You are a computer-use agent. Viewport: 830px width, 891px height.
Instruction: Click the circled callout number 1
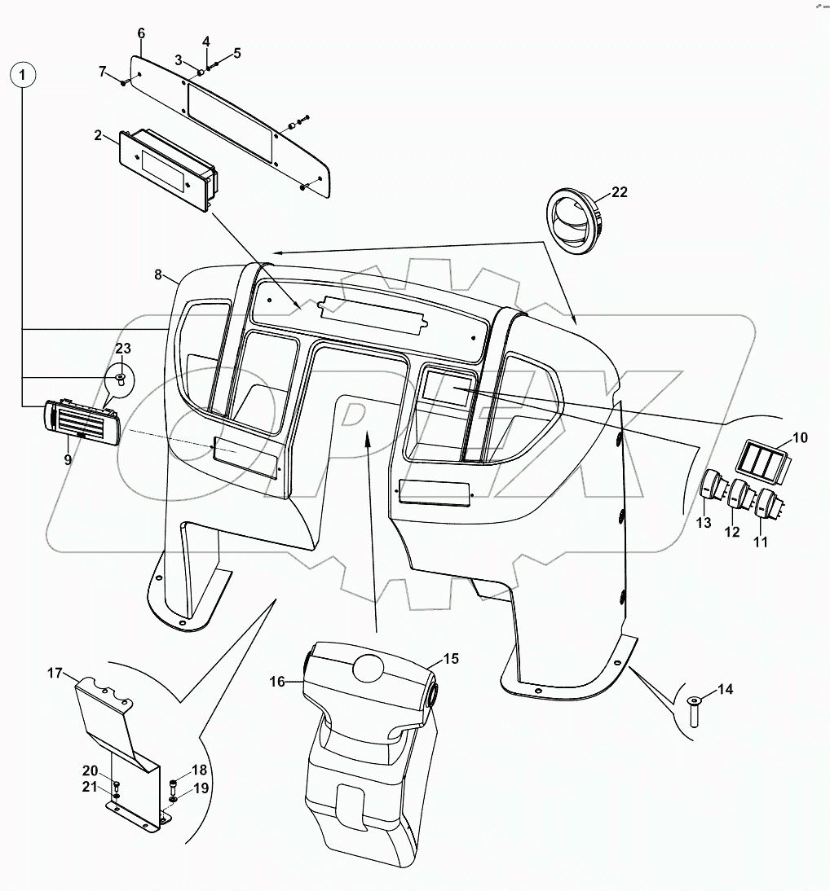click(x=24, y=76)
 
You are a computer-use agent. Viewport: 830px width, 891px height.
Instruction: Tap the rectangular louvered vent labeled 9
click(x=82, y=424)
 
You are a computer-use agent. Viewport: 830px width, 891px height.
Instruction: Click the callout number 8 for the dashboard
click(x=158, y=274)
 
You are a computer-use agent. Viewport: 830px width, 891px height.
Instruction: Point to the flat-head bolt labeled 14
click(x=694, y=713)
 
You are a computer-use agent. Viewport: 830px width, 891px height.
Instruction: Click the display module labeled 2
click(x=167, y=168)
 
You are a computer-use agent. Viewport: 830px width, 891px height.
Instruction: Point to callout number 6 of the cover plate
click(x=141, y=33)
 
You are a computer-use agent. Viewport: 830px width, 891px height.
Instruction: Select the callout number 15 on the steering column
click(x=451, y=658)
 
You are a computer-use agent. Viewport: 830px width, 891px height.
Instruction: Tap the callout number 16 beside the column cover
click(x=277, y=681)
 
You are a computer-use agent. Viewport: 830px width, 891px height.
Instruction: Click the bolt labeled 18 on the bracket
click(x=173, y=787)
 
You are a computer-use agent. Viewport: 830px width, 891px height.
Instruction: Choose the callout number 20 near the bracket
click(x=90, y=770)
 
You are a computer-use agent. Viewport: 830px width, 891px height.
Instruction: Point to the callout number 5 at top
click(x=237, y=53)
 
